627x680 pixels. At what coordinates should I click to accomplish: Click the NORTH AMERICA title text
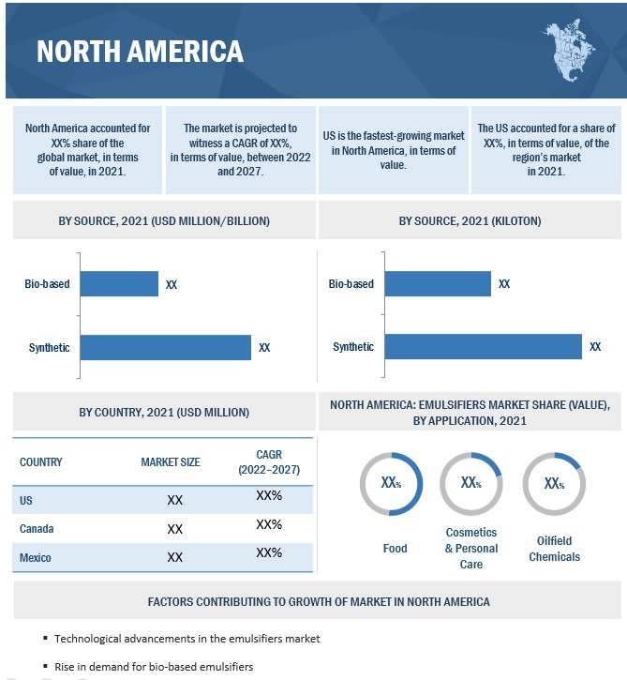click(140, 51)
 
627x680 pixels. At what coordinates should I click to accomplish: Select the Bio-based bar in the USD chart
click(119, 283)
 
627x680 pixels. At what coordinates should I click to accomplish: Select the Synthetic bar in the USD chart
click(166, 347)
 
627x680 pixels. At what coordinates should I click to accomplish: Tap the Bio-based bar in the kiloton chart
click(438, 283)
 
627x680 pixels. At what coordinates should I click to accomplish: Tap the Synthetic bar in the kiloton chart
click(483, 347)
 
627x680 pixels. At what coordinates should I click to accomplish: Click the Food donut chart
click(392, 484)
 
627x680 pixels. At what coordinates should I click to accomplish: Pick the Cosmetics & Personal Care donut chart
click(471, 484)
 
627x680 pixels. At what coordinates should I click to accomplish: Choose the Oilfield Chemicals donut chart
click(554, 484)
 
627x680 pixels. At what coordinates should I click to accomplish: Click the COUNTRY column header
click(41, 461)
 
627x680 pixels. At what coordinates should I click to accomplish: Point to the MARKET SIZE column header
click(171, 461)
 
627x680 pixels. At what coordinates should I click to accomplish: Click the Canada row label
click(37, 529)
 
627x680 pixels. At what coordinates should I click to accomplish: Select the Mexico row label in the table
click(36, 558)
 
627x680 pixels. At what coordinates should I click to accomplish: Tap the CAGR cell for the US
click(269, 495)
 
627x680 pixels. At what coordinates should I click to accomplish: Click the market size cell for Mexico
click(174, 557)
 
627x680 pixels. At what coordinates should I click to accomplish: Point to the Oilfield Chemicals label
click(554, 549)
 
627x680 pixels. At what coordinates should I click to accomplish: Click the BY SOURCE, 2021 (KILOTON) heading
click(470, 221)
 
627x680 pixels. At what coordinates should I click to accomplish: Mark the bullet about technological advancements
click(187, 639)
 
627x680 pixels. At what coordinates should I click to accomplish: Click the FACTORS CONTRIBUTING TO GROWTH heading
click(319, 601)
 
